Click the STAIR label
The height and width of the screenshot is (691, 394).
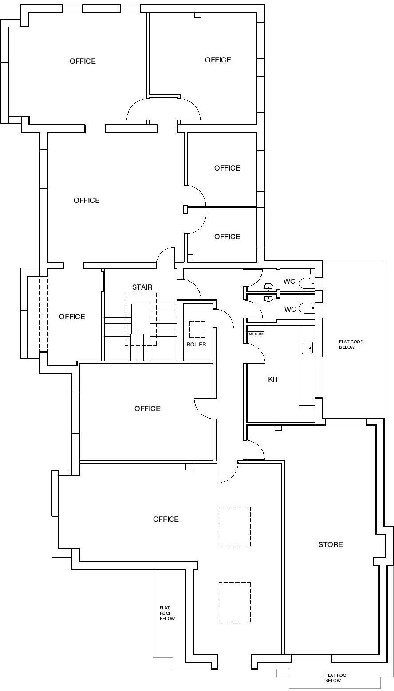coord(142,287)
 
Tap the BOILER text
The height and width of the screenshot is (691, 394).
coord(196,344)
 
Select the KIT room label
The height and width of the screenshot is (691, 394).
coord(273,379)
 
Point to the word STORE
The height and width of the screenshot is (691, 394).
coord(331,544)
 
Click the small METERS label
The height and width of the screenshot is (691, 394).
coord(256,334)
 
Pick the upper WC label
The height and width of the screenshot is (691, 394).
coord(289,281)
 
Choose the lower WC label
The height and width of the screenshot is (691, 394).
coord(290,309)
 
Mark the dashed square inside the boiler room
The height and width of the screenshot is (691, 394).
coord(197,329)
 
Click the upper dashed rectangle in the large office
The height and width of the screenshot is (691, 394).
coord(235,526)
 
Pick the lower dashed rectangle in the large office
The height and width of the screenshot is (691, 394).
coord(235,602)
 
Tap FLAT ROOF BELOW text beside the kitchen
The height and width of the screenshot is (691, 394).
coord(351,344)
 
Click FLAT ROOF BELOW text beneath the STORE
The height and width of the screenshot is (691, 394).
coord(337,678)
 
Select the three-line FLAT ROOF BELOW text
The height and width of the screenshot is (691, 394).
coord(167,613)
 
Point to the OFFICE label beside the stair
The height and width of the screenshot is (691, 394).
coord(72,317)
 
